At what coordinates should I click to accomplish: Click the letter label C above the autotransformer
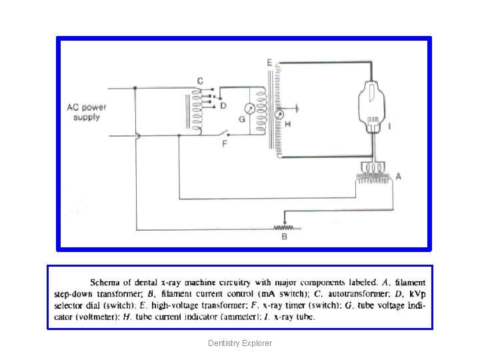(x=199, y=81)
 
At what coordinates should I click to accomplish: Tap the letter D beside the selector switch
(x=223, y=106)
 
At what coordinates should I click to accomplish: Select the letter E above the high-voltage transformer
(x=269, y=63)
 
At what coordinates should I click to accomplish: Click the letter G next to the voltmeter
(x=243, y=119)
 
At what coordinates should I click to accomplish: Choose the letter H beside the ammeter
(x=288, y=123)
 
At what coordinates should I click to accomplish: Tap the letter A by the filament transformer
(x=398, y=176)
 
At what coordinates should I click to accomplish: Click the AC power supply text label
(x=87, y=112)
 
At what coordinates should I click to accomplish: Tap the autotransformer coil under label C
(x=196, y=111)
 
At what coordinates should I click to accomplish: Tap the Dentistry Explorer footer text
(x=240, y=343)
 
